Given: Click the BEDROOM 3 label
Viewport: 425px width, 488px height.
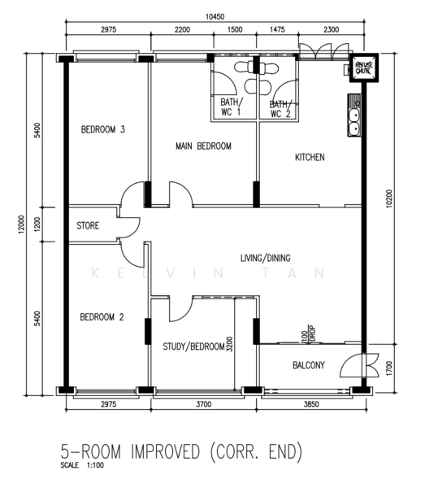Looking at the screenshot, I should (x=102, y=129).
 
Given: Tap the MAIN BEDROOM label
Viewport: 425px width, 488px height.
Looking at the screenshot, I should (x=204, y=146).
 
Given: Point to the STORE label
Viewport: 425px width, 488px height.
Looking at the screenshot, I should (x=88, y=225).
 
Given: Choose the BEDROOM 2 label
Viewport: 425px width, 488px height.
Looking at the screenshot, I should (x=102, y=317).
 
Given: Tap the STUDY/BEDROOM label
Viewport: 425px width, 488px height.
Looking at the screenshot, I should (x=193, y=346).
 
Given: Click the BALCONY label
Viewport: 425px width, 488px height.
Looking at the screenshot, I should (x=309, y=366).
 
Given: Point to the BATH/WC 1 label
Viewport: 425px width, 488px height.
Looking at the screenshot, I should (x=231, y=107).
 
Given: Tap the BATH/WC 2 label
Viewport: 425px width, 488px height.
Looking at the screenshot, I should (x=279, y=107).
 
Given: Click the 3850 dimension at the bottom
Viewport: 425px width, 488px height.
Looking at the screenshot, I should (x=311, y=404).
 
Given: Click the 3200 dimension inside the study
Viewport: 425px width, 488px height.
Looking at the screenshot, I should (x=230, y=343).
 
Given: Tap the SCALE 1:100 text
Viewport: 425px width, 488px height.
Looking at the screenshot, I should (x=82, y=466).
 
